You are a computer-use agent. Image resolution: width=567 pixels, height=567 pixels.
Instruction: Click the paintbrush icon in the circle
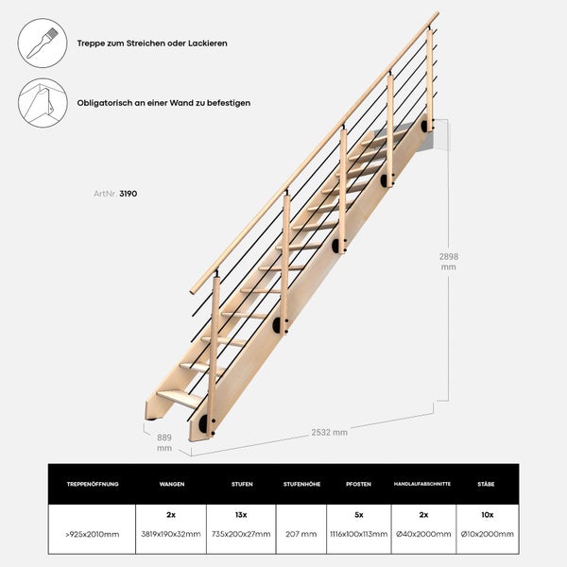[43, 43]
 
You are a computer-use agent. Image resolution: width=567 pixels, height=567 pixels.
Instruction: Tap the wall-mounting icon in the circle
[43, 102]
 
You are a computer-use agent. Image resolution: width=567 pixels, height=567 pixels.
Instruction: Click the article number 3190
[129, 193]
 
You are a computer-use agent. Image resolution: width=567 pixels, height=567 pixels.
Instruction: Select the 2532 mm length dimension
[330, 432]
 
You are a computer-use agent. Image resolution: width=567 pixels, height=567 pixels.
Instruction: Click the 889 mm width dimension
[163, 442]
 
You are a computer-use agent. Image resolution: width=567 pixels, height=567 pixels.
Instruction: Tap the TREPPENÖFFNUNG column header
[93, 484]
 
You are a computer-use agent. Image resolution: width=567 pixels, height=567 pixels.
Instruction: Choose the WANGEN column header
[172, 484]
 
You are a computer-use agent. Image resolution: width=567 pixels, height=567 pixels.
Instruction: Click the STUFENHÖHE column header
[301, 484]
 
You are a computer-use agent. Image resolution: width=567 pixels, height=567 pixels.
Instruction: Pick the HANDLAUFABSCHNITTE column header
[421, 484]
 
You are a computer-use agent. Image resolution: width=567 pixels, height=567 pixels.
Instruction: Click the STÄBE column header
[488, 484]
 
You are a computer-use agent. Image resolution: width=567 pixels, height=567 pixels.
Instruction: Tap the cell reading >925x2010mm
[93, 534]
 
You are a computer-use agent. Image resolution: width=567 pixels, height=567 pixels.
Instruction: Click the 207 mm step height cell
[301, 534]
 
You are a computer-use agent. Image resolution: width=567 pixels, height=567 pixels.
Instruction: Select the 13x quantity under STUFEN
[242, 516]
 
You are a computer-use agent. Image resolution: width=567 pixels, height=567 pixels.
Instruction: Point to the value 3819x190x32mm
[172, 534]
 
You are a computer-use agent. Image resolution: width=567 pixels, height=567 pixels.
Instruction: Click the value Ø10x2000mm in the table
[488, 534]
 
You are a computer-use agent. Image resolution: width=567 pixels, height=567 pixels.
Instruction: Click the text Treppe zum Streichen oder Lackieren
[152, 43]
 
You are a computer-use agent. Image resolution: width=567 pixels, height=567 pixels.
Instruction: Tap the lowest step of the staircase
[180, 398]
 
